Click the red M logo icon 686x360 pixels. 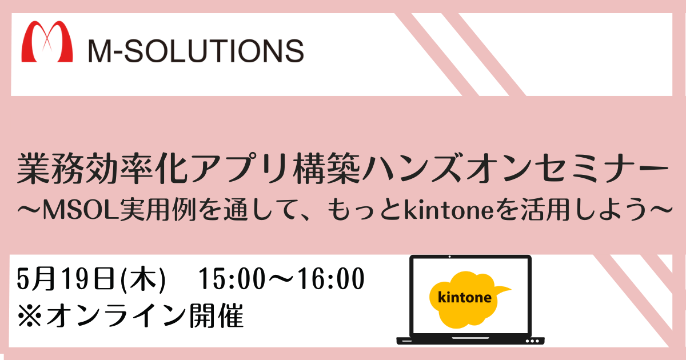(47, 41)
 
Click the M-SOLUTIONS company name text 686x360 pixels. (196, 51)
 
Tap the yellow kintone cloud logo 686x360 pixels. (469, 299)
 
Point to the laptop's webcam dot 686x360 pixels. (449, 257)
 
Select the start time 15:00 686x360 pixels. (232, 278)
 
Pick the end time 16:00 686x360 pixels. (332, 278)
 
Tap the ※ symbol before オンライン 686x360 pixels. (29, 315)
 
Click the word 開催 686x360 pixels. (217, 315)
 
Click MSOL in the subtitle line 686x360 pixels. (81, 210)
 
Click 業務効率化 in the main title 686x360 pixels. (102, 169)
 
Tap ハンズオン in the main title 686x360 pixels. (449, 169)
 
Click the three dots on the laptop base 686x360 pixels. (532, 341)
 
